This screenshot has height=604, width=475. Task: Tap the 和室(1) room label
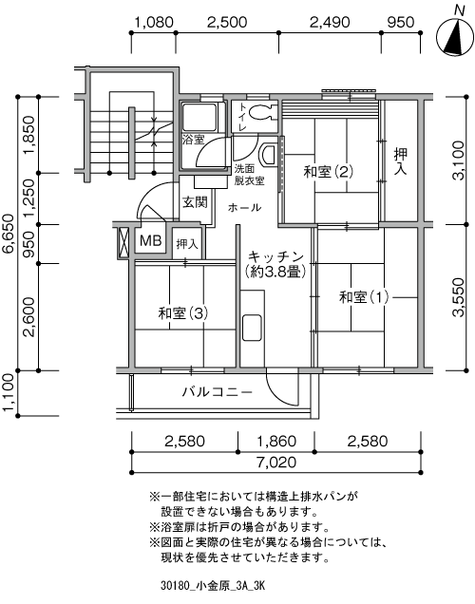pyautogui.click(x=364, y=297)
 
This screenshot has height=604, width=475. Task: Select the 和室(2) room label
pyautogui.click(x=329, y=172)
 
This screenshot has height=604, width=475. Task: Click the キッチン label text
pyautogui.click(x=275, y=256)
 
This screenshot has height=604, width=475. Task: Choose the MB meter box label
pyautogui.click(x=151, y=239)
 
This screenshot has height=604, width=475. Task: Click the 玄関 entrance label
pyautogui.click(x=195, y=202)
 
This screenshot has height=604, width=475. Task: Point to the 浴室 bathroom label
pyautogui.click(x=194, y=140)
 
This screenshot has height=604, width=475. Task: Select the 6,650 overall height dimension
pyautogui.click(x=9, y=234)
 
